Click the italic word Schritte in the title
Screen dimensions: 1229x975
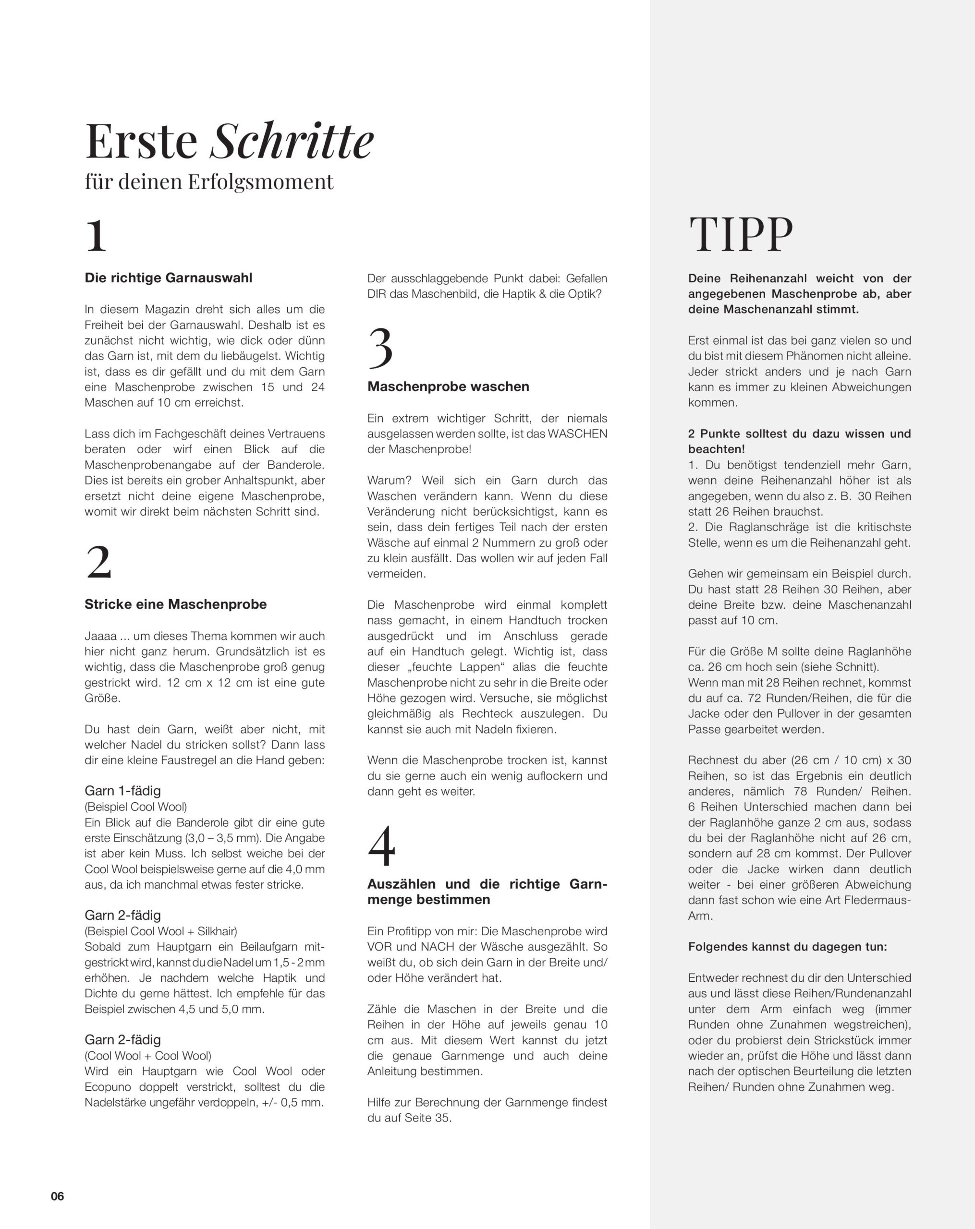pyautogui.click(x=292, y=141)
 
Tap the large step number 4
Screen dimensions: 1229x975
pyautogui.click(x=381, y=846)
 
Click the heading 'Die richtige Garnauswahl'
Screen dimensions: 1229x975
pyautogui.click(x=168, y=277)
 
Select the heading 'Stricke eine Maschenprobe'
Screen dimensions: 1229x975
pyautogui.click(x=176, y=604)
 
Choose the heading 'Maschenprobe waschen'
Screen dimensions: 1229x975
pyautogui.click(x=448, y=386)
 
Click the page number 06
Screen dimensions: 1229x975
pyautogui.click(x=58, y=1196)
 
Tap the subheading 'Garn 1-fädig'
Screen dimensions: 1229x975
pyautogui.click(x=122, y=791)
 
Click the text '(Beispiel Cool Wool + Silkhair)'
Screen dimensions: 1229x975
pyautogui.click(x=161, y=931)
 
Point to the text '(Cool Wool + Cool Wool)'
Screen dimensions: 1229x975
pyautogui.click(x=147, y=1055)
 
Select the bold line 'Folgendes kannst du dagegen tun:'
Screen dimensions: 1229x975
pyautogui.click(x=787, y=947)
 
